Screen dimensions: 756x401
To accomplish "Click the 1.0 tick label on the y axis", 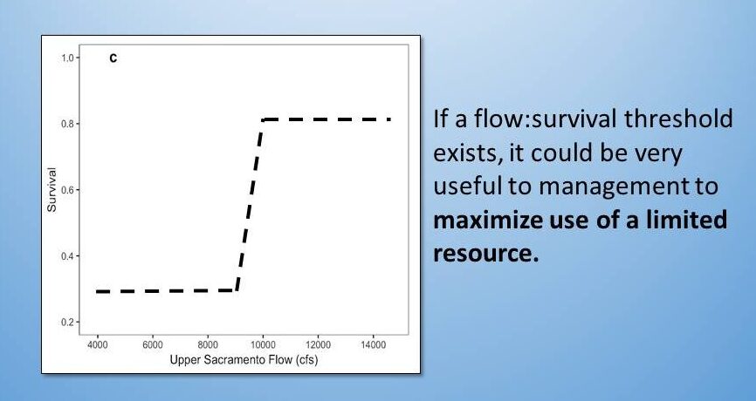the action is [x=67, y=58].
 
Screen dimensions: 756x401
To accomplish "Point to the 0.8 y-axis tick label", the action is [x=67, y=124].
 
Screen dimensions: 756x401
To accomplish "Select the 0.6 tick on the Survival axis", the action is [x=67, y=190].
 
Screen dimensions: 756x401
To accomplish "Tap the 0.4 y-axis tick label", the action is [x=67, y=256].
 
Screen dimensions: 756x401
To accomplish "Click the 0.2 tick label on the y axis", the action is [x=67, y=322].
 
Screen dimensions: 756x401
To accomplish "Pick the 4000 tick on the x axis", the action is [x=98, y=344].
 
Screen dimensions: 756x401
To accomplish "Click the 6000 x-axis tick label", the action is [x=153, y=344].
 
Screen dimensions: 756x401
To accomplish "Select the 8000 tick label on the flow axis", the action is [x=208, y=344].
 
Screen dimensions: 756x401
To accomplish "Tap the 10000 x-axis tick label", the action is [x=263, y=344].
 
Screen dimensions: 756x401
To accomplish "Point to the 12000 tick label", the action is [x=319, y=344].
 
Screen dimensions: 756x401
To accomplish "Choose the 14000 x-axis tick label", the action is [x=373, y=344].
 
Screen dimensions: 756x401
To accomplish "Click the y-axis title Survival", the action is [x=52, y=190].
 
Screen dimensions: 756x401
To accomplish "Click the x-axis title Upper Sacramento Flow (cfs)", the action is [x=244, y=360].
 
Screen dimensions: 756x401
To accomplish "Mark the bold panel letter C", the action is [x=113, y=58].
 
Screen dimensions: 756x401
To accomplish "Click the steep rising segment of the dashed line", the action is [x=250, y=205].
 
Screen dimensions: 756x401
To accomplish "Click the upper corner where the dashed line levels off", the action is [x=263, y=119].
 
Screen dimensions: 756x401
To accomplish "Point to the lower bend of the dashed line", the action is [x=237, y=290].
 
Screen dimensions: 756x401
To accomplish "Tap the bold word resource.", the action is [x=485, y=254].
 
